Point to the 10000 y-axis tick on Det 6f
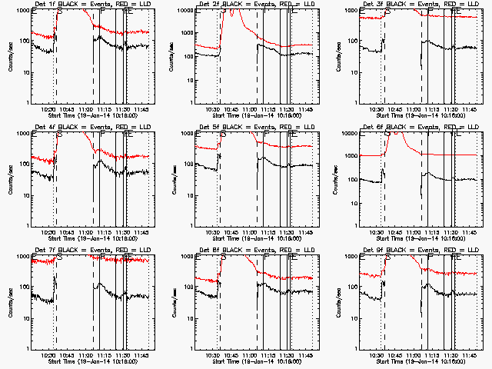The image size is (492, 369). (x=357, y=134)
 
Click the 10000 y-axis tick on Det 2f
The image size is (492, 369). (x=193, y=11)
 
